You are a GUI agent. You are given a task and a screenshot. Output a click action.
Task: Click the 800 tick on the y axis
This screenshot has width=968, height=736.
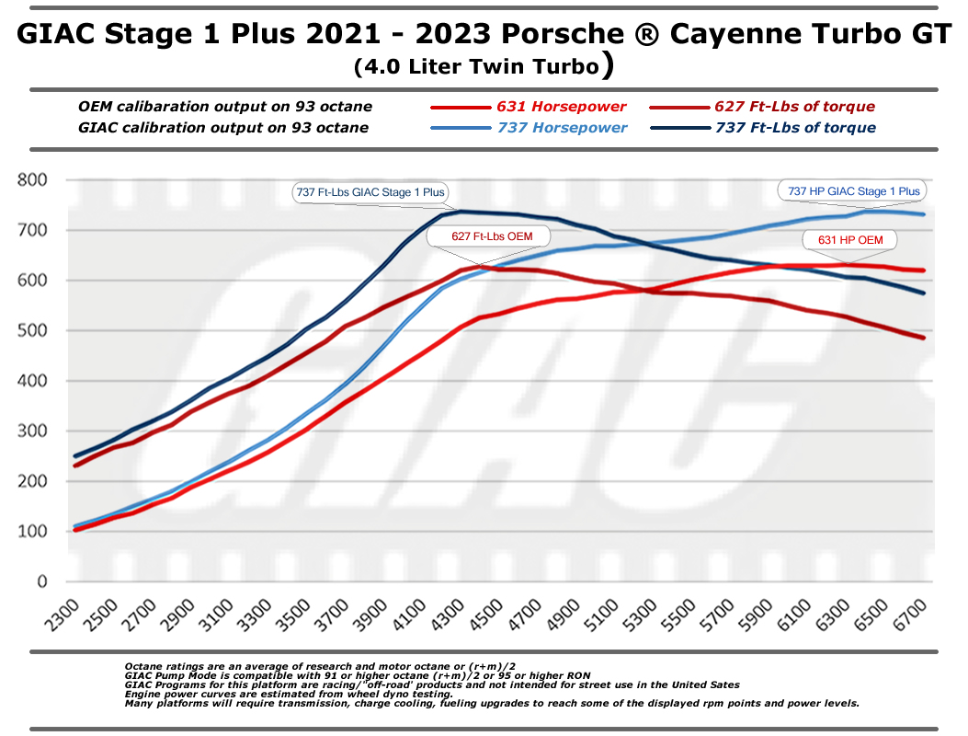(x=32, y=179)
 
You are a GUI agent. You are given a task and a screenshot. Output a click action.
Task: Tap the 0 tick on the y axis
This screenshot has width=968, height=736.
(x=42, y=581)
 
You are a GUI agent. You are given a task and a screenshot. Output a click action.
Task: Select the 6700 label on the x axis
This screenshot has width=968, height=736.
(x=911, y=615)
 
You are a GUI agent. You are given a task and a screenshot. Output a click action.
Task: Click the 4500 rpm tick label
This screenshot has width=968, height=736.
(x=488, y=615)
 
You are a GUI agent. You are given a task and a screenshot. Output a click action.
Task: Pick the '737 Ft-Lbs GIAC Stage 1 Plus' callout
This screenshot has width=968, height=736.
(x=370, y=192)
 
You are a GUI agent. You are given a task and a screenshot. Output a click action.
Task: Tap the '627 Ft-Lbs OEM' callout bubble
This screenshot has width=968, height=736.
(x=492, y=236)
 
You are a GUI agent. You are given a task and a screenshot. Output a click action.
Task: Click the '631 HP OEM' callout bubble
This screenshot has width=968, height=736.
(x=850, y=240)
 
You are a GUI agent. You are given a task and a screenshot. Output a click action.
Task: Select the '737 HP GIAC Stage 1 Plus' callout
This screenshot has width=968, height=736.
(x=853, y=191)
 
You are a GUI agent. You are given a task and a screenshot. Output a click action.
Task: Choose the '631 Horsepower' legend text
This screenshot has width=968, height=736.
(x=561, y=107)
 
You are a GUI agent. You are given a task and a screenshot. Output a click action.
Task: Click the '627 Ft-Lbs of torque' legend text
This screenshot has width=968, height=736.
(x=794, y=107)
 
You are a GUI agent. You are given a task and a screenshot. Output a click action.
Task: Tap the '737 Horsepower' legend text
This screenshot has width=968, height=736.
(x=562, y=128)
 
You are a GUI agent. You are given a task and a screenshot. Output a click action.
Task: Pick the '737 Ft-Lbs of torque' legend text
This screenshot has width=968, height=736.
(x=795, y=128)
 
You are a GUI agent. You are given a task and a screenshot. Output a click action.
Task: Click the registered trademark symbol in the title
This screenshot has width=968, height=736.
(x=646, y=34)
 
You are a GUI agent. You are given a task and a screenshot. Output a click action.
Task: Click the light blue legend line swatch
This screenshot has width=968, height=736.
(x=461, y=128)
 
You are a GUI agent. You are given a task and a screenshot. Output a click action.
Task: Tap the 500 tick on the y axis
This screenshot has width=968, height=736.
(x=32, y=330)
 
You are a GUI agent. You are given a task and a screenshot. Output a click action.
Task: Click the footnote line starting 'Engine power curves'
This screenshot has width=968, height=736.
(x=279, y=694)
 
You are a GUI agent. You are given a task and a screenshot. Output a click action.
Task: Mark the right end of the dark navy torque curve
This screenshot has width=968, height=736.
(x=924, y=293)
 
